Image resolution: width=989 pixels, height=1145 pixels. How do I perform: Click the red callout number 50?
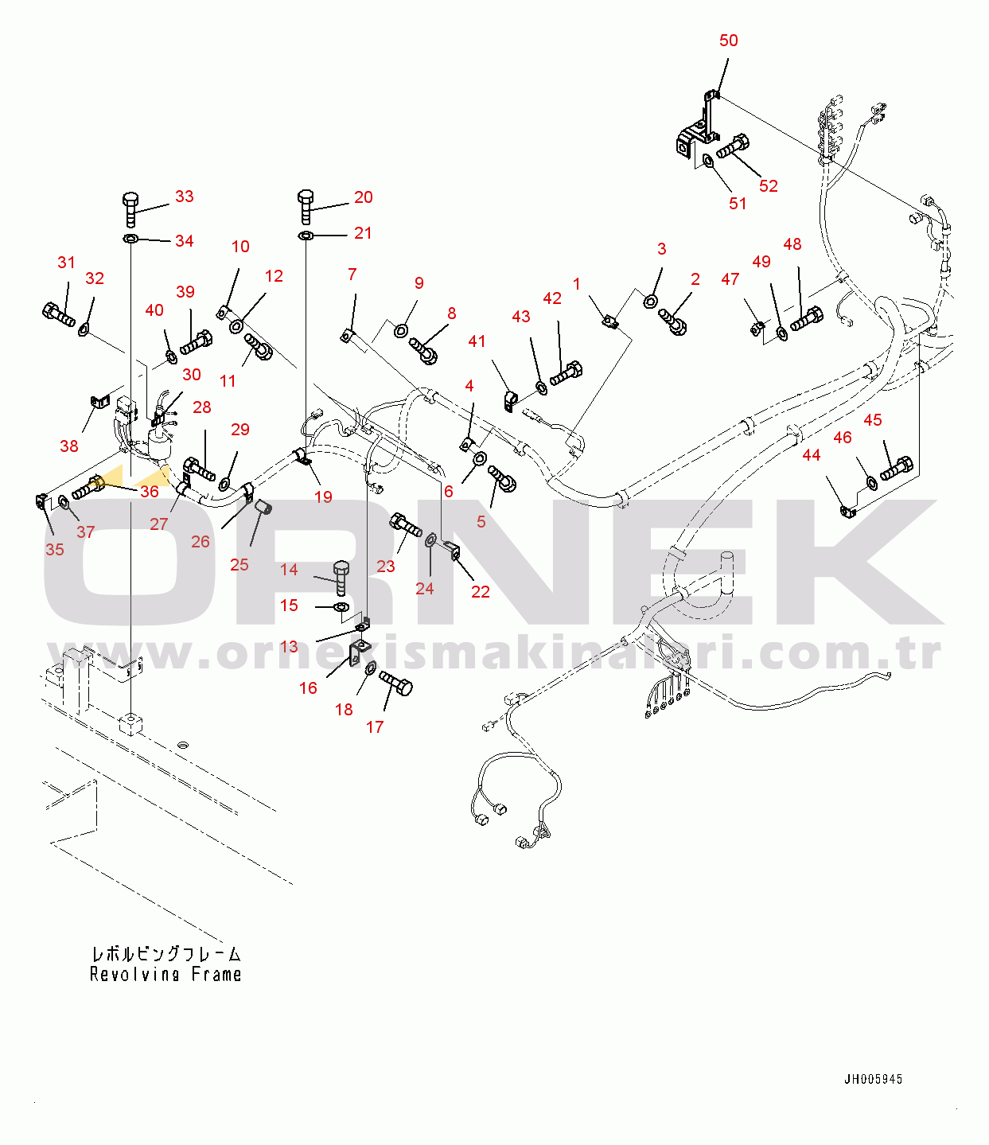pos(728,41)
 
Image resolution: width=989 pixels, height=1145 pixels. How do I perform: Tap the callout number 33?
pos(185,196)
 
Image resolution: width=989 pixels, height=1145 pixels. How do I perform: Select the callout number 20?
pos(363,197)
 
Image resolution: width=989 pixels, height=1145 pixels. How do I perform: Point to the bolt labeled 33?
pos(130,210)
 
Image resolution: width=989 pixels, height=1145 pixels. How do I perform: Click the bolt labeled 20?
pos(306,207)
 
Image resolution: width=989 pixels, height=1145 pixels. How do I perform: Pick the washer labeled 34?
pos(130,239)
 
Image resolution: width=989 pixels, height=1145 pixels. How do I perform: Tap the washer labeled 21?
pos(306,236)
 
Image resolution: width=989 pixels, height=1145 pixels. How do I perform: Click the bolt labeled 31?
pos(58,314)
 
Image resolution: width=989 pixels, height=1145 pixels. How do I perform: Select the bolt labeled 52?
pos(733,146)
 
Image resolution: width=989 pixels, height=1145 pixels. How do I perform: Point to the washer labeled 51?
pos(708,162)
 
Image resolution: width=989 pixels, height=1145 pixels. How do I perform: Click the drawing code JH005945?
pos(873,1079)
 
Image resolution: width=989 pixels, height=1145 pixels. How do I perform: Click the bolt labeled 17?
pos(395,683)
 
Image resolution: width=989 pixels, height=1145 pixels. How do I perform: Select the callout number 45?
pos(872,420)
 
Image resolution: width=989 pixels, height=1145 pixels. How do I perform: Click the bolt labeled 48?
pos(807,319)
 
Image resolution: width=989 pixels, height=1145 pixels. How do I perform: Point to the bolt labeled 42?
pos(567,373)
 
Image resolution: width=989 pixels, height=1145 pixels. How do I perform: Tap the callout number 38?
pos(69,446)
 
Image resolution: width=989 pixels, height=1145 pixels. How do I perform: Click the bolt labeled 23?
pos(406,525)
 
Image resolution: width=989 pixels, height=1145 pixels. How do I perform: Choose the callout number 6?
pos(448,492)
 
